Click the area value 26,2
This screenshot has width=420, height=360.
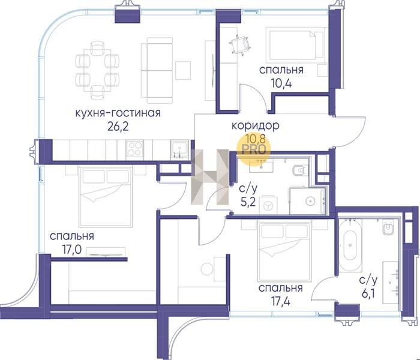tap(118, 127)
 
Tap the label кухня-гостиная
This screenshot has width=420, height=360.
tap(118, 113)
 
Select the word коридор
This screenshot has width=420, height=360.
tap(255, 125)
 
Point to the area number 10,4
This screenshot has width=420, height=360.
tap(281, 83)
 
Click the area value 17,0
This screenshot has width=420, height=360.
tap(72, 250)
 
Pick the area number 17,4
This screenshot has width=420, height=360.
tap(280, 302)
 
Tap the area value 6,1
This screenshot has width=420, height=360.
tap(368, 293)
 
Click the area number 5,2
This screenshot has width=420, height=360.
tap(248, 202)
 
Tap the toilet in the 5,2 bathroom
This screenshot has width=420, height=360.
tap(299, 170)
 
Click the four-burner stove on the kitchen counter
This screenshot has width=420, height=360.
tap(134, 149)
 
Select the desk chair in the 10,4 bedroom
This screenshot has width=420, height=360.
tap(240, 45)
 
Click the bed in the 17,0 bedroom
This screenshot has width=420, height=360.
tap(106, 197)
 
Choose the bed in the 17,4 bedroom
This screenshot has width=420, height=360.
tap(284, 251)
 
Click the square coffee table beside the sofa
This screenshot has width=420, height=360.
tap(183, 70)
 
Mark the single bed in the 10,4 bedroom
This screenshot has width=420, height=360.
tap(296, 44)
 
